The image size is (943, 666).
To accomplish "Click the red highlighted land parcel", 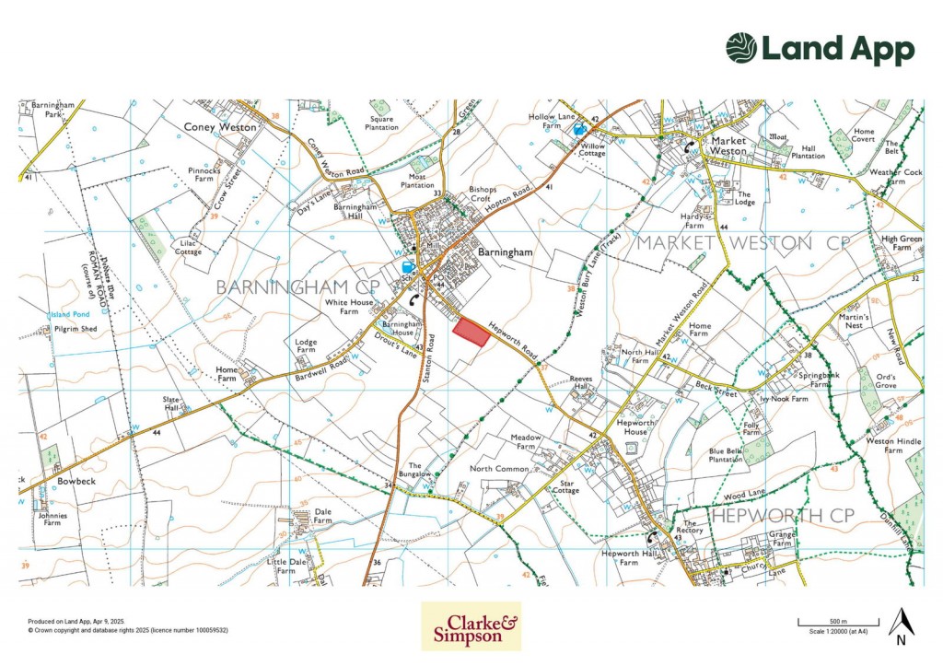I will click(x=471, y=332).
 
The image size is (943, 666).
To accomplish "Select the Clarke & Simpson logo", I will click(x=471, y=626).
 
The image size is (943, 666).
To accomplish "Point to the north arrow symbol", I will click(x=901, y=625).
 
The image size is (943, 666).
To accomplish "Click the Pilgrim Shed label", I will click(x=76, y=328).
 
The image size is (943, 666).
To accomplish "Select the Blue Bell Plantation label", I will click(x=726, y=455).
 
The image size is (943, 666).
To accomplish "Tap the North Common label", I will click(x=499, y=469).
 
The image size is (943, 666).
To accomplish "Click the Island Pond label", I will click(x=68, y=314).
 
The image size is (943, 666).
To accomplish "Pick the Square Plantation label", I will click(x=383, y=123).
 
